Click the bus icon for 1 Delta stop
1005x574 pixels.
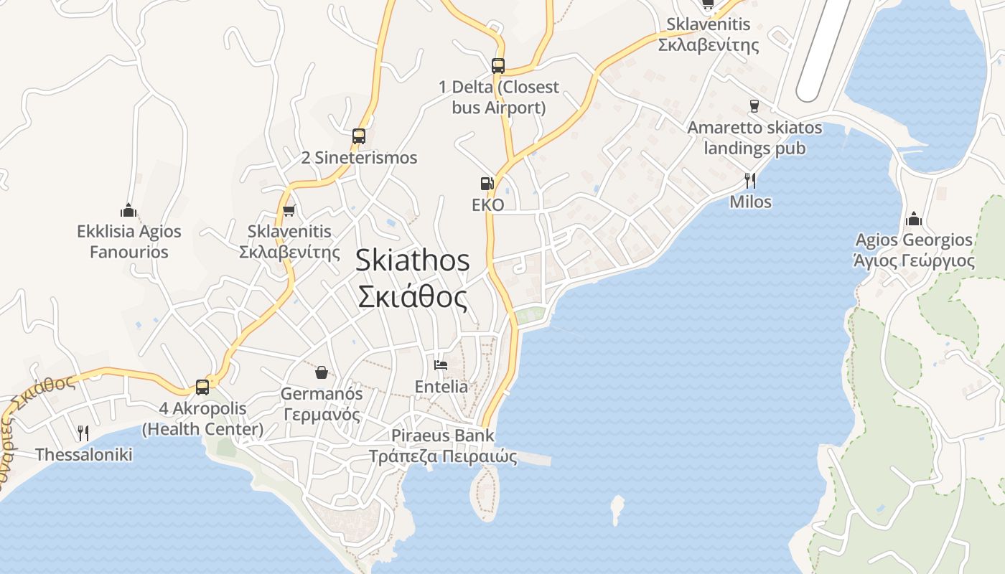tap(498, 66)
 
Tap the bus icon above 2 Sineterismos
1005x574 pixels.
tap(359, 136)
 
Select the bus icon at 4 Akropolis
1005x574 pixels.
tap(202, 387)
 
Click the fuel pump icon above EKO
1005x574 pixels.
tap(487, 184)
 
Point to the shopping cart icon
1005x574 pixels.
tap(289, 210)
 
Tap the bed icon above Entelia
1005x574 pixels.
tap(441, 365)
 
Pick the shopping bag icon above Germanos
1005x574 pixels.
tap(321, 372)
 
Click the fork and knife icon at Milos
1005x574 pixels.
tap(750, 180)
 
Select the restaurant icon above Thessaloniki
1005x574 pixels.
tap(83, 433)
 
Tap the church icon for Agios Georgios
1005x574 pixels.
tap(914, 218)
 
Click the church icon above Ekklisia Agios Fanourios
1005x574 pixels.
tap(128, 210)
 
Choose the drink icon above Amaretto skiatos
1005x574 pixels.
tap(754, 106)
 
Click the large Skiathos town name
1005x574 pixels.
tap(413, 278)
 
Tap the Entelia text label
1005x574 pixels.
tap(441, 387)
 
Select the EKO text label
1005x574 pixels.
tap(487, 205)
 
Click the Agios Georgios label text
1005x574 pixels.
tap(914, 249)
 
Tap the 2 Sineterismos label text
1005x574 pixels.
tap(359, 158)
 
